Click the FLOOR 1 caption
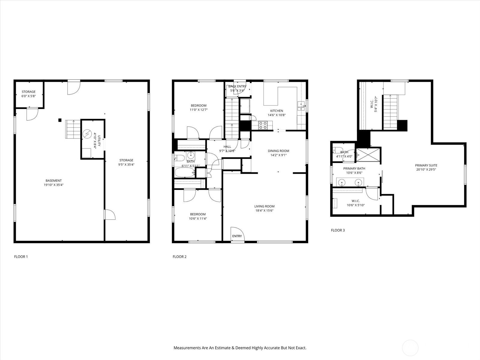21,256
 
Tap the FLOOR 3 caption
337,230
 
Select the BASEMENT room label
54,181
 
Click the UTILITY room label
99,141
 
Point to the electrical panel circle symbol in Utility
87,134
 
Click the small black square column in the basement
60,120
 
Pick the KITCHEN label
277,111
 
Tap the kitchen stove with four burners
262,125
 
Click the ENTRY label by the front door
237,236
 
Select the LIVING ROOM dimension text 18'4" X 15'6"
264,211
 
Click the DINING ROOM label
278,151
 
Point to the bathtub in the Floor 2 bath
185,172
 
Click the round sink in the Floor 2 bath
191,155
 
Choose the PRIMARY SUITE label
426,166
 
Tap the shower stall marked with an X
368,155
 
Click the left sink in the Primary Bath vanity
342,182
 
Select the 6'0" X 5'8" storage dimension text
28,96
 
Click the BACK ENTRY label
237,86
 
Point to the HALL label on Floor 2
227,147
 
